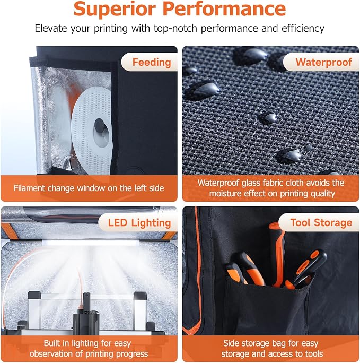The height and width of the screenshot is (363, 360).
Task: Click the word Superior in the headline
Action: click(x=115, y=9)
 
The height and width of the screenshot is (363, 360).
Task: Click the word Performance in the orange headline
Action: click(x=224, y=9)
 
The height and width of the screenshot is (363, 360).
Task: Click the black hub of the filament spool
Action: click(x=100, y=126)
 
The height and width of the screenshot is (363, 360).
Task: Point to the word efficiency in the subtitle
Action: click(x=303, y=29)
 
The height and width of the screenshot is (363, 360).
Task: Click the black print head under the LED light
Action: click(x=86, y=313)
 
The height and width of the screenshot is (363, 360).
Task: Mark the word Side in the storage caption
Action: click(x=231, y=343)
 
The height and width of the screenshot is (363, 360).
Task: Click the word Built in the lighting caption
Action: click(x=52, y=343)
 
